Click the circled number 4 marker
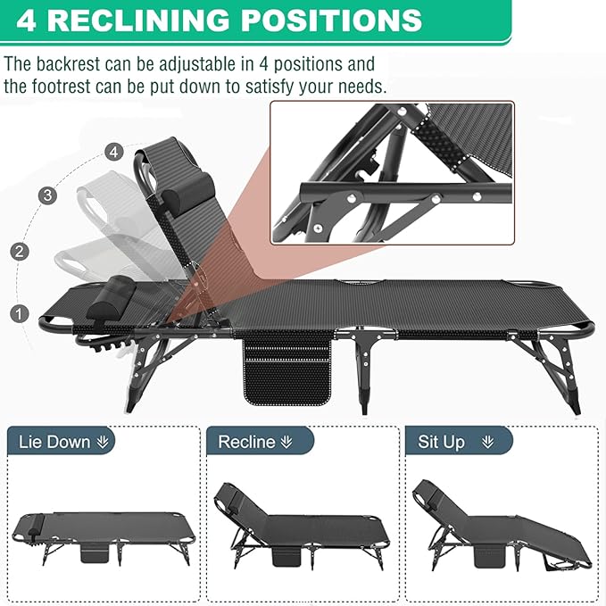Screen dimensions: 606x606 point(112,152)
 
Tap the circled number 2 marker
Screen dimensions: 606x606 point(20,251)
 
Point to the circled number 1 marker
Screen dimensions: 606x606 point(20,313)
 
